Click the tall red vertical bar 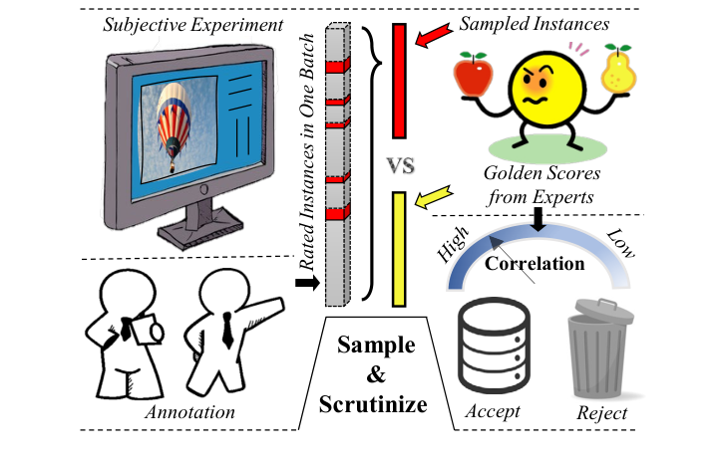click(399, 80)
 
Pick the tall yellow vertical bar click(398, 248)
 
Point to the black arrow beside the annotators click(308, 285)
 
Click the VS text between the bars click(399, 162)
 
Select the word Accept click(492, 411)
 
